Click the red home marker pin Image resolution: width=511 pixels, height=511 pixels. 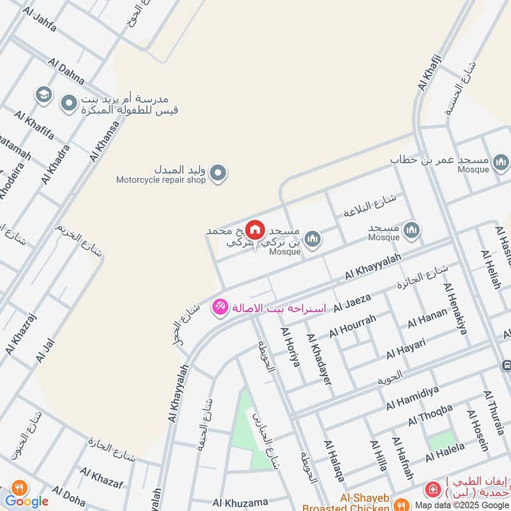pos(255,229)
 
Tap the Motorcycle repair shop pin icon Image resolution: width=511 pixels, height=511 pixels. pos(218,173)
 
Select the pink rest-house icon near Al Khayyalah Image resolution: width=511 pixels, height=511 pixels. pos(220,307)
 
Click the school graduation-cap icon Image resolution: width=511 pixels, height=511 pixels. pos(44,96)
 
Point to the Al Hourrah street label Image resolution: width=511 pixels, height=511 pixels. pos(353,325)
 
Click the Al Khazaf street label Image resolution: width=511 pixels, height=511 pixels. pos(102,477)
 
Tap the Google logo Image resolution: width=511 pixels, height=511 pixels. pos(27,501)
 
